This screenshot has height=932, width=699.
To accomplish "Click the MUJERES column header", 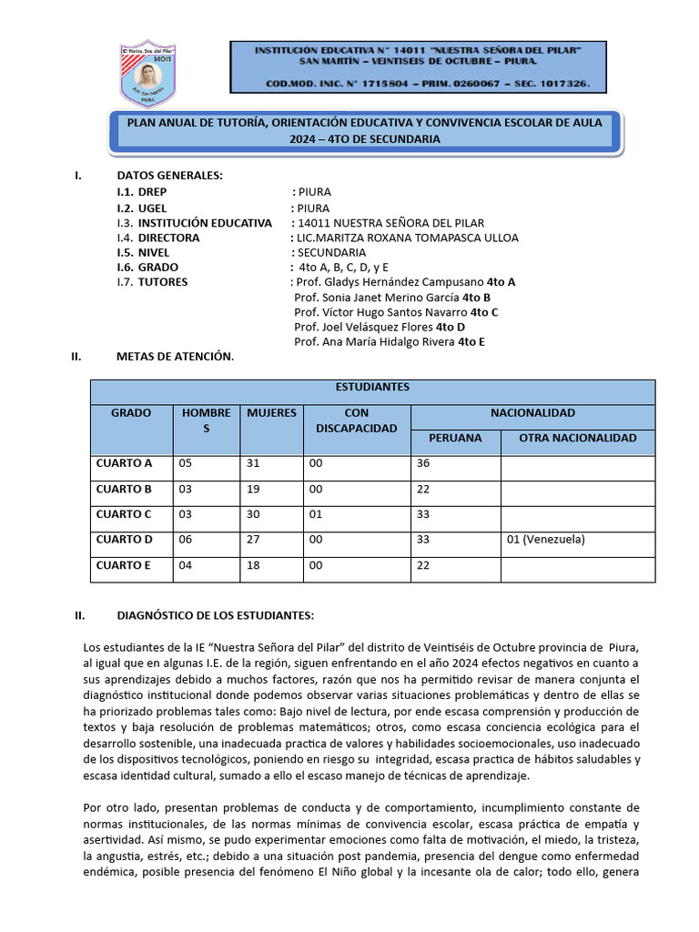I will (x=271, y=413).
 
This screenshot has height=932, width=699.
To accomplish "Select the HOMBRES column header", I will (x=207, y=420).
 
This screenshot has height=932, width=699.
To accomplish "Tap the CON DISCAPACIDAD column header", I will (x=357, y=420).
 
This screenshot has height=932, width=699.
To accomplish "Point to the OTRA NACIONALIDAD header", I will (x=577, y=439).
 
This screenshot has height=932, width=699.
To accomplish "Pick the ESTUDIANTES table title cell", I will (x=372, y=387).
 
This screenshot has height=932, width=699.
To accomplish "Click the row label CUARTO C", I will (x=124, y=514).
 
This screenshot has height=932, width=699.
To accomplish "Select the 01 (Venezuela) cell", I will (x=545, y=540).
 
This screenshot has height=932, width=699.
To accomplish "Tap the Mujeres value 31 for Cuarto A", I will (x=254, y=463).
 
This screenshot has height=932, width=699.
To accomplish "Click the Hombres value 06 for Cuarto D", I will (x=187, y=540).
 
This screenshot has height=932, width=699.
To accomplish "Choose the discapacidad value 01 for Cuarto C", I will (x=317, y=514).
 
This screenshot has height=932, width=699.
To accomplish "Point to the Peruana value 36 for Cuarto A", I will (x=422, y=463).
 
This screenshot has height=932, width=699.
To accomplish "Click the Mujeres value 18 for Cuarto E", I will (x=254, y=565).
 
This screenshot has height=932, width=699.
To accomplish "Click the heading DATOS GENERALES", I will (x=169, y=176).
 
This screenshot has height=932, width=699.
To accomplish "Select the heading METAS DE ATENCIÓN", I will (x=175, y=357).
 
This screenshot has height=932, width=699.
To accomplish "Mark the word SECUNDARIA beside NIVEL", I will (x=332, y=252).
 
